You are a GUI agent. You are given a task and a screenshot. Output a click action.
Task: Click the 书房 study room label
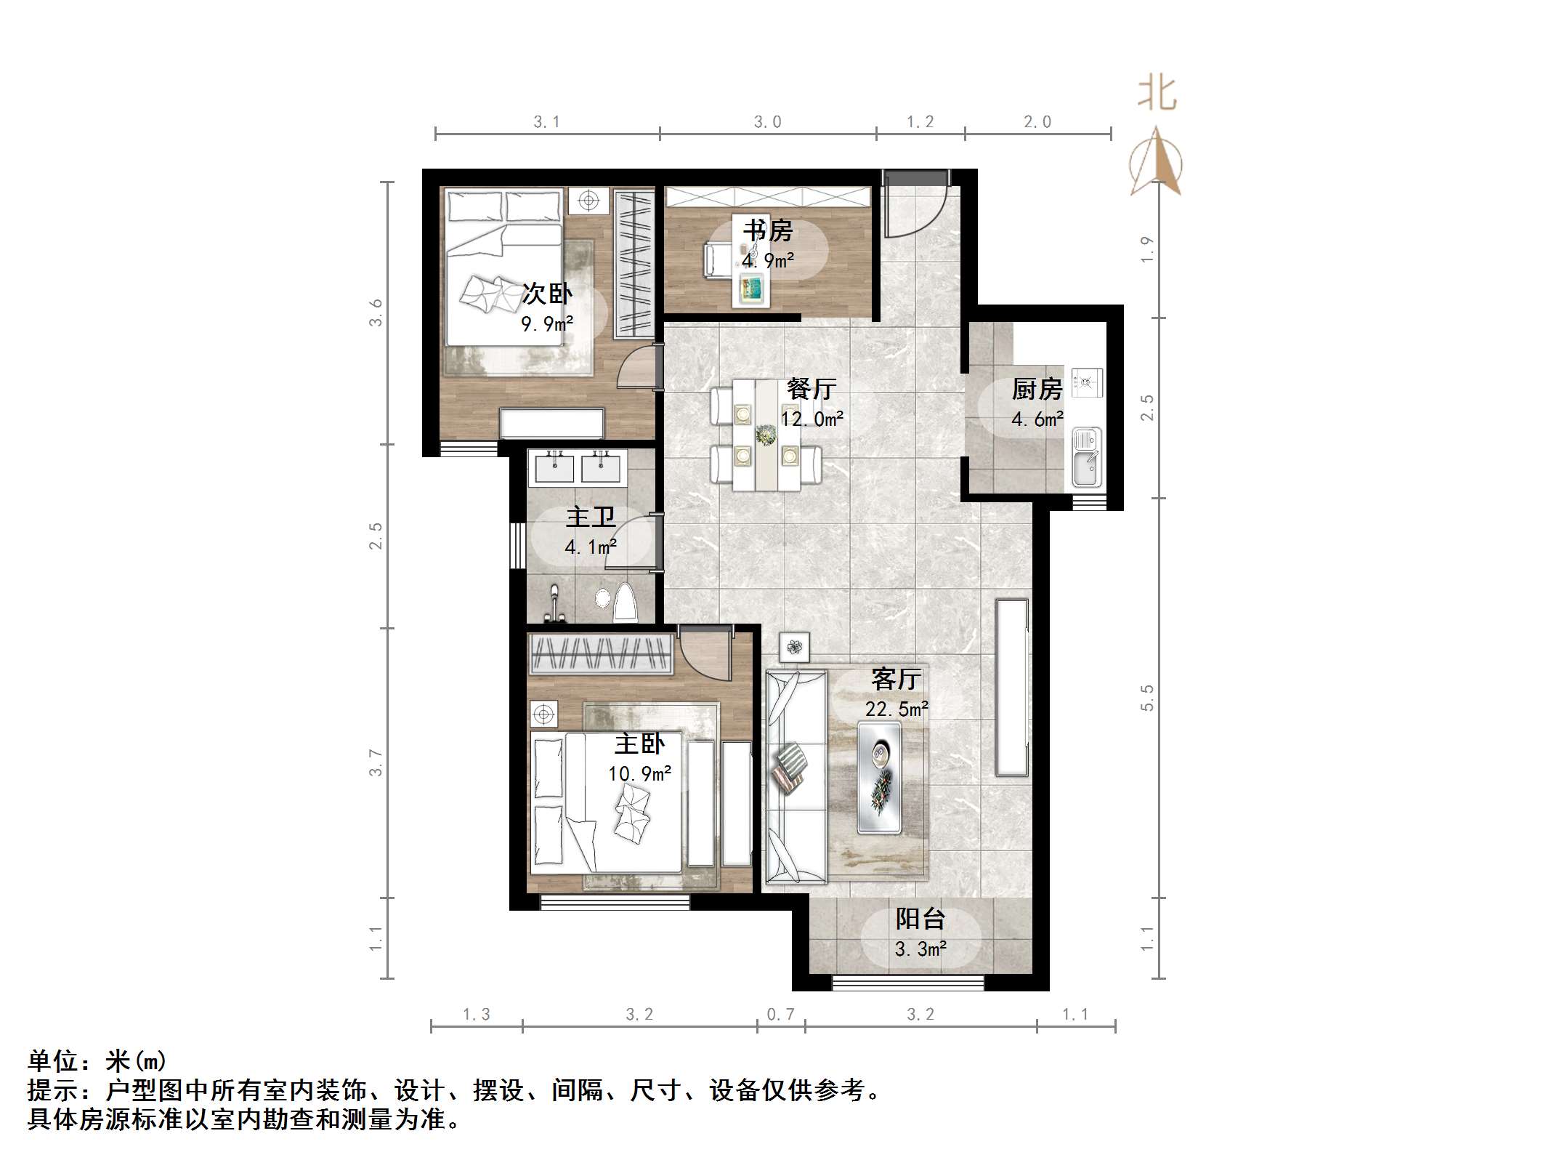767,230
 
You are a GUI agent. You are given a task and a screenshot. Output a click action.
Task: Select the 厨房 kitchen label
1037,390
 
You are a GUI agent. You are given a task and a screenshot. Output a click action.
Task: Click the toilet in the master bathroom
626,602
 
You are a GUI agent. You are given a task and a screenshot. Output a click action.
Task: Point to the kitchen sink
1086,457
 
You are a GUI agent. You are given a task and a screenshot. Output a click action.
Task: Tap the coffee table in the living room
879,776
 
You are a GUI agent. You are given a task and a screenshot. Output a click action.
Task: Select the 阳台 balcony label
920,919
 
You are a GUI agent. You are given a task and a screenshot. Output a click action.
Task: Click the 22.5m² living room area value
897,709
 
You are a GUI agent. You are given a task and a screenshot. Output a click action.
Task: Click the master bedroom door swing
707,654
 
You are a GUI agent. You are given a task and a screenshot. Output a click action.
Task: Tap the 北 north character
1157,94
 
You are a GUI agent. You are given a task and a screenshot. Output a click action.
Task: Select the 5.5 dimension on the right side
1147,698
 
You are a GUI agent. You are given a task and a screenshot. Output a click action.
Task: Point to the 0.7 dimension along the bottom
780,1014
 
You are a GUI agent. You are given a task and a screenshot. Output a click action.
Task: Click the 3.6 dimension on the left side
375,313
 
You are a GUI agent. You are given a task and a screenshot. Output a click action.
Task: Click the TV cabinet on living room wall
1012,687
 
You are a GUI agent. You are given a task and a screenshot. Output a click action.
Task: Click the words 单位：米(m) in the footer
97,1062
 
